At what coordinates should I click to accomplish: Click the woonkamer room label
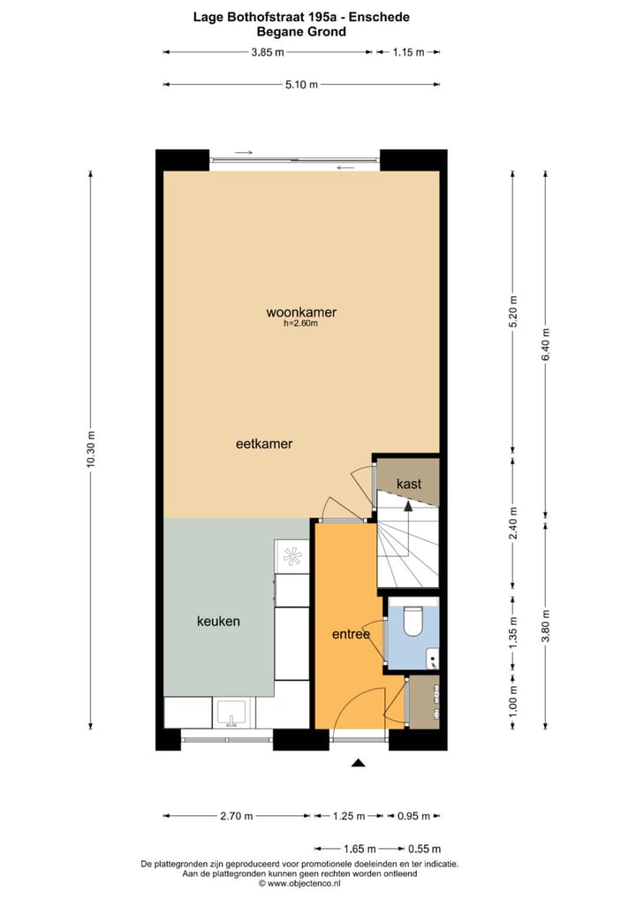[x=301, y=312]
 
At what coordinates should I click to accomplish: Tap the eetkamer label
[x=264, y=444]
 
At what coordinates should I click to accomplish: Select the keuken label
[x=218, y=622]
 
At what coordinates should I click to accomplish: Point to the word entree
[x=351, y=635]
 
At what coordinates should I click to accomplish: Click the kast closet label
[x=409, y=484]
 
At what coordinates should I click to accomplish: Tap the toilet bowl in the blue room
[x=413, y=622]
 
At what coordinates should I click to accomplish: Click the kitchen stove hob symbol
[x=291, y=556]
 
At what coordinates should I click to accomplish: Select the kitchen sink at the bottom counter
[x=233, y=712]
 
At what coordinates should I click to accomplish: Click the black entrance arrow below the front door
[x=358, y=763]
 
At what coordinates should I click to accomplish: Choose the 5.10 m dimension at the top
[x=301, y=85]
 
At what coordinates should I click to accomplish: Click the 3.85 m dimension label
[x=268, y=52]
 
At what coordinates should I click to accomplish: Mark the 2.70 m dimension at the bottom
[x=236, y=816]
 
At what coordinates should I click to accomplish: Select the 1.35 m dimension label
[x=513, y=636]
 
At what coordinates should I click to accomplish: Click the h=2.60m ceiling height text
[x=300, y=324]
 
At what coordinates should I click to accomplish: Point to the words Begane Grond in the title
[x=301, y=31]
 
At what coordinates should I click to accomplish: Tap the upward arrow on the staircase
[x=407, y=506]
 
